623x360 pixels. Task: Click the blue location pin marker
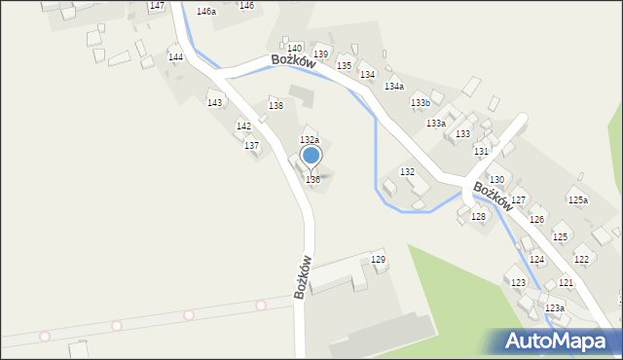click(311, 156)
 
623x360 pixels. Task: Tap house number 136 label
click(312, 180)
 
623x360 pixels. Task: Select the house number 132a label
click(309, 141)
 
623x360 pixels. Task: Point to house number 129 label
click(378, 260)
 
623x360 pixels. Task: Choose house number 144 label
click(175, 57)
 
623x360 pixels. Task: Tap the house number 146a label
click(205, 12)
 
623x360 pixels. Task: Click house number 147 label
click(157, 6)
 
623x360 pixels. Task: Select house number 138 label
click(276, 105)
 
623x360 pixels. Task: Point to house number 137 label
click(251, 145)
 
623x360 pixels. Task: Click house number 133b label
click(421, 102)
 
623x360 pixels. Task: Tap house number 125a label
click(578, 199)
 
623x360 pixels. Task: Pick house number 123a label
click(555, 307)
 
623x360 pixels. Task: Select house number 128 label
click(478, 216)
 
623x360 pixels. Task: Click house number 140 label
click(294, 48)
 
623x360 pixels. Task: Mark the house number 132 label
click(408, 171)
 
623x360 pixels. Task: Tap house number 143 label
click(215, 103)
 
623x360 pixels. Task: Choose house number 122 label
click(581, 259)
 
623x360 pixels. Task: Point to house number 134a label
click(393, 87)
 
